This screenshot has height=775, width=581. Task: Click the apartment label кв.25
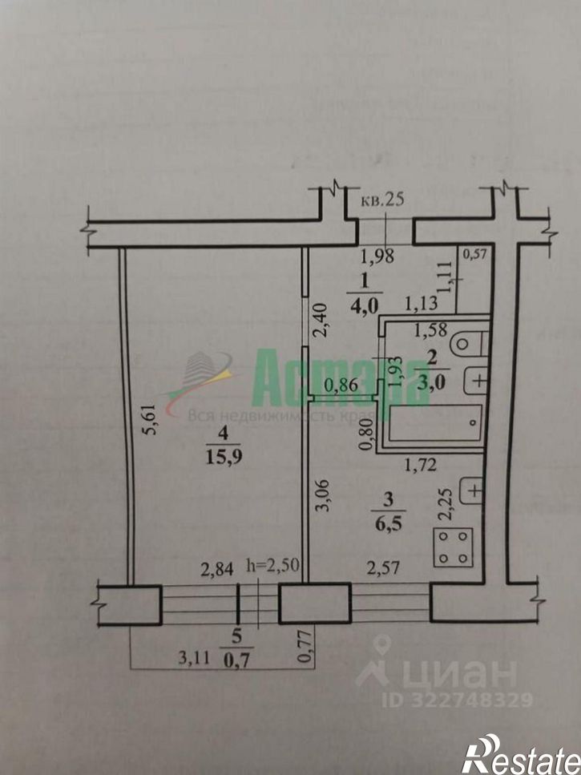coord(382,201)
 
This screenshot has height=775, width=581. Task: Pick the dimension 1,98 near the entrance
coord(376,257)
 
